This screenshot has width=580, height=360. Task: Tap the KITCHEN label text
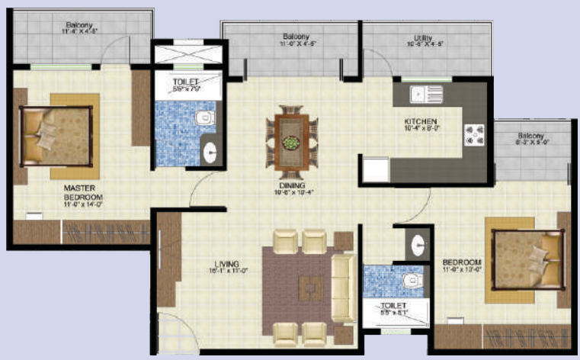[x=420, y=121]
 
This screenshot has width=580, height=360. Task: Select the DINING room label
[x=292, y=185]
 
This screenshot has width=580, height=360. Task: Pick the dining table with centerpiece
[x=291, y=138]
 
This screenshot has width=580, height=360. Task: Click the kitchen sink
[x=426, y=94]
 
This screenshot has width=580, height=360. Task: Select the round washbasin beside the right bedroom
[x=417, y=244]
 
